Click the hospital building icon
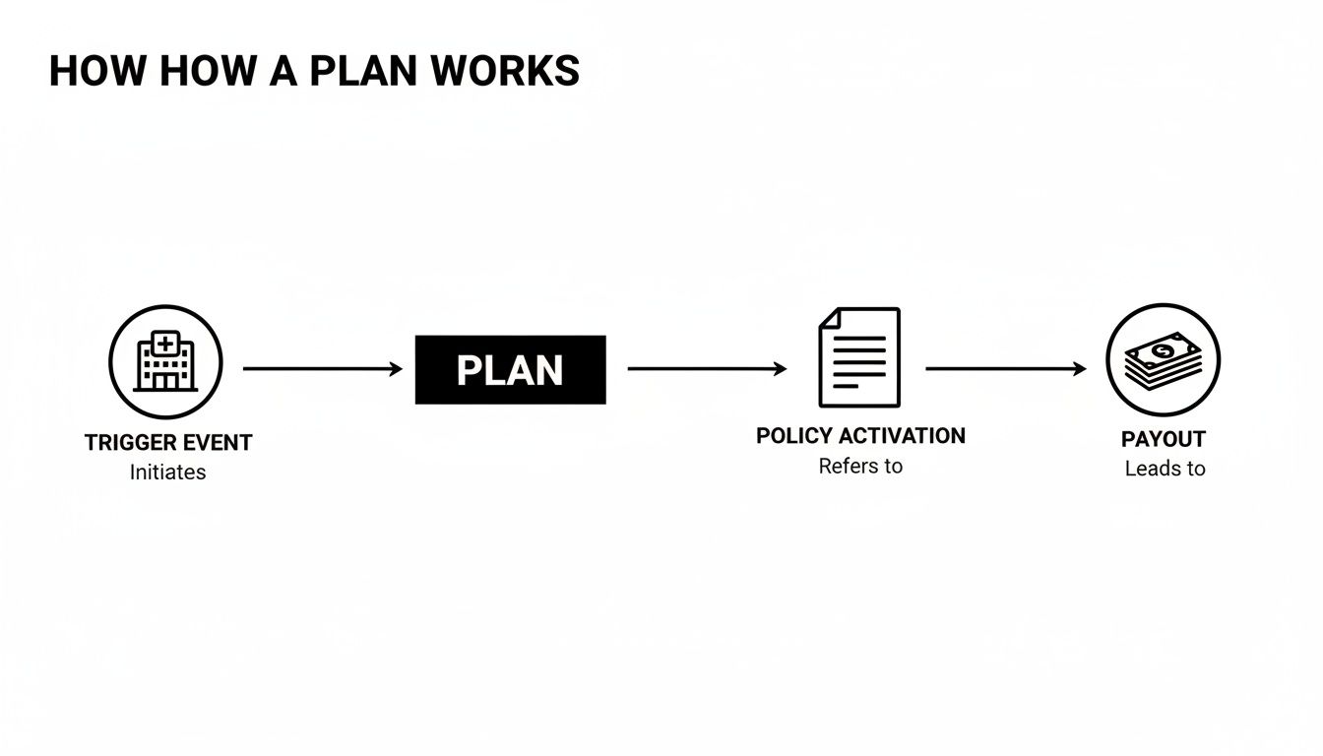pyautogui.click(x=165, y=362)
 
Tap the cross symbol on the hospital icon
pyautogui.click(x=165, y=344)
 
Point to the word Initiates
pyautogui.click(x=167, y=472)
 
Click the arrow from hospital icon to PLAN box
pyautogui.click(x=322, y=369)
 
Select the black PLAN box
pyautogui.click(x=510, y=370)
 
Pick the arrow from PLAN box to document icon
pyautogui.click(x=706, y=369)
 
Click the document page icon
pyautogui.click(x=859, y=357)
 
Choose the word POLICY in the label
pyautogui.click(x=793, y=436)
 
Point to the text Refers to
pyautogui.click(x=860, y=466)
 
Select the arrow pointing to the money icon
pyautogui.click(x=1005, y=369)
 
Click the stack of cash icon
pyautogui.click(x=1163, y=360)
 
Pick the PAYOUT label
pyautogui.click(x=1163, y=439)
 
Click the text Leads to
pyautogui.click(x=1165, y=469)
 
